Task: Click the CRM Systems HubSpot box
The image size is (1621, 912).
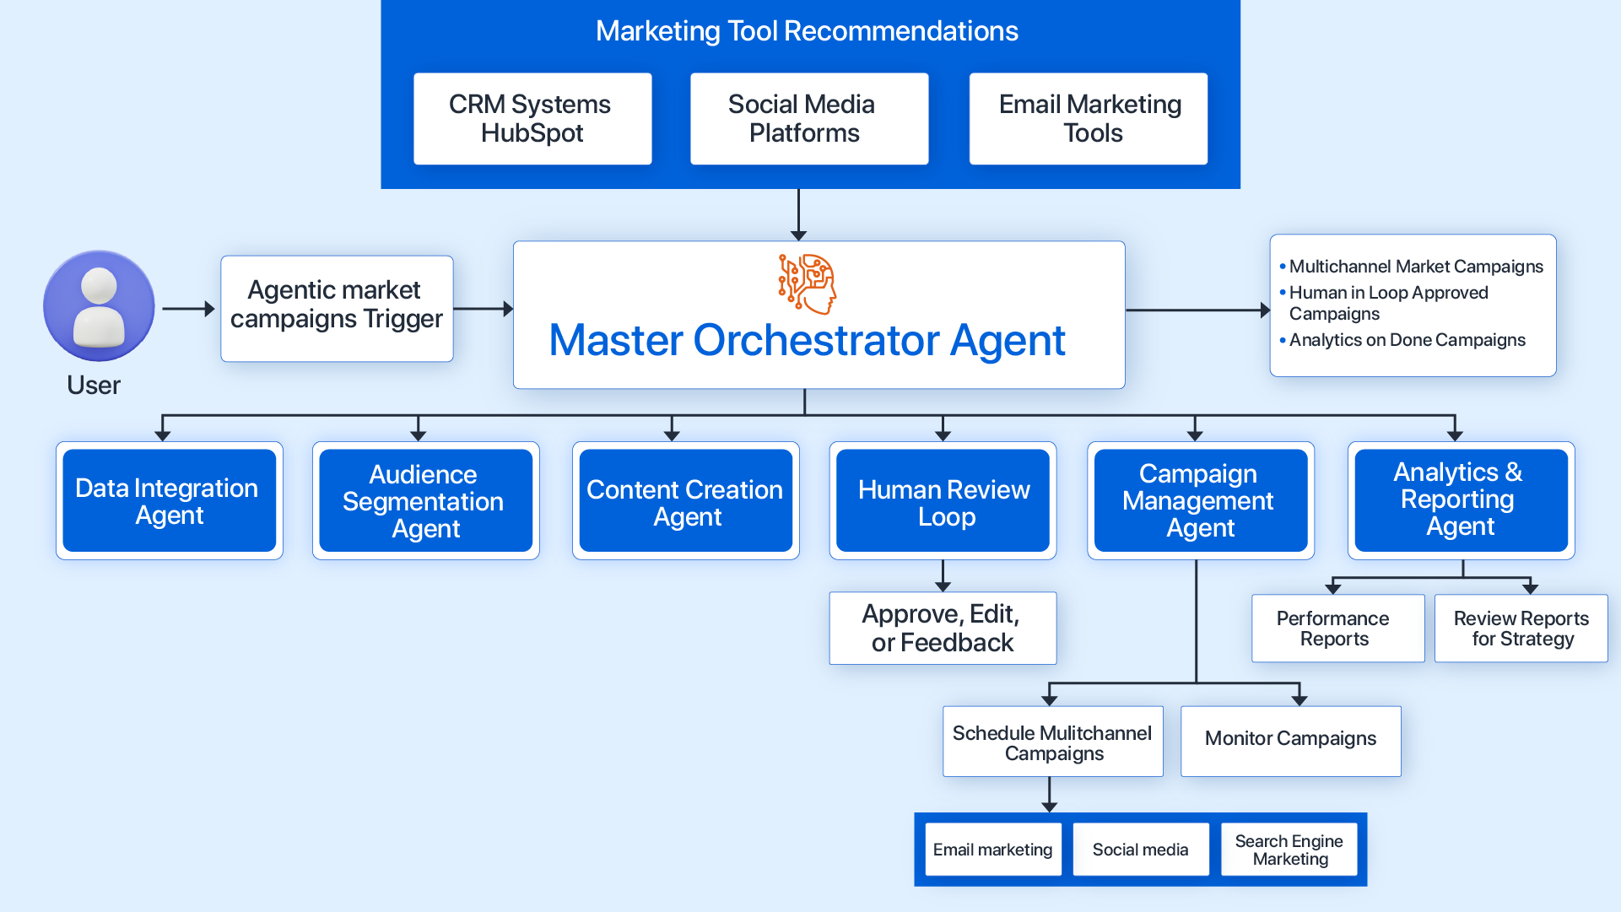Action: pos(532,119)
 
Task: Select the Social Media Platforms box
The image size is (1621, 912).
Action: pos(808,119)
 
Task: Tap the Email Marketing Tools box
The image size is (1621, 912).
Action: pos(1088,119)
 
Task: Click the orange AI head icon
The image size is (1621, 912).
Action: pos(808,283)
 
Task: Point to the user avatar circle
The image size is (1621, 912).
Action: pos(99,306)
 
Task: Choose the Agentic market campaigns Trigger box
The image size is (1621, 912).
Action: pos(337,309)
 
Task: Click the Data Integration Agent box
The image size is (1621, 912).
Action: pos(169,501)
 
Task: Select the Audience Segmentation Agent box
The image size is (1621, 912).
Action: pos(425,501)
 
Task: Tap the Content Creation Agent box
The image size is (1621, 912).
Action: pos(685,501)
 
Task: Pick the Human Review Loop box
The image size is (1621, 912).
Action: pos(943,501)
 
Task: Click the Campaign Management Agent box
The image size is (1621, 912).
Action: pos(1200,501)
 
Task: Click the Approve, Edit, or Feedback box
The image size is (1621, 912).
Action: pos(943,629)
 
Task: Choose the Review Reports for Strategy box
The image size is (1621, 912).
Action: pos(1521,629)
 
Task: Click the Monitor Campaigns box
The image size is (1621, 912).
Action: pos(1290,740)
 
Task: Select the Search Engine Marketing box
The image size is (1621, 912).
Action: pos(1289,850)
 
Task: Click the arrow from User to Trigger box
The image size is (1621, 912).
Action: pos(188,309)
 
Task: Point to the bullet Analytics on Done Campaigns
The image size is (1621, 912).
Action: pos(1407,340)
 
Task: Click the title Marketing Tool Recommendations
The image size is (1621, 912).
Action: pos(807,31)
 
